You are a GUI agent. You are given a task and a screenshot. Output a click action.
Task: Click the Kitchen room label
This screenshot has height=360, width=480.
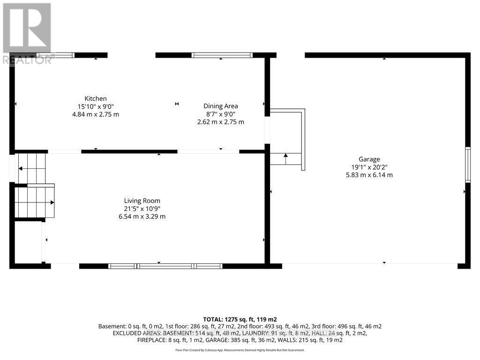[96, 98]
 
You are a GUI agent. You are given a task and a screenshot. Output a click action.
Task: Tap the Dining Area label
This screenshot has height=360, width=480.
[221, 106]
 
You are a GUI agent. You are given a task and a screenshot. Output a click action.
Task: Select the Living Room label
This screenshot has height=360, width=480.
[142, 201]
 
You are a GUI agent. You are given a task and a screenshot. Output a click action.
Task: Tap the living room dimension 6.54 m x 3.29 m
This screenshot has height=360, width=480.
[142, 217]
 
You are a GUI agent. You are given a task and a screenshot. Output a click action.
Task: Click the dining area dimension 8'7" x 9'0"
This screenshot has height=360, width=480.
[221, 114]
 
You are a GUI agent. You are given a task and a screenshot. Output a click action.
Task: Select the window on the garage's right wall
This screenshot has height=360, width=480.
[467, 165]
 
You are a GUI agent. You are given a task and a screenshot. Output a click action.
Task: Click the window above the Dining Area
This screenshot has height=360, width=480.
[222, 55]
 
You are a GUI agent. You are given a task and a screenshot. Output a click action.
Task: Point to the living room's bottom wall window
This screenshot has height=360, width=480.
[165, 266]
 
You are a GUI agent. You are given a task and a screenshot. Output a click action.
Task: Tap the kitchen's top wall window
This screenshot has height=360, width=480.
[56, 55]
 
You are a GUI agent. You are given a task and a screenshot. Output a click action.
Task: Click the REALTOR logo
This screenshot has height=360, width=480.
[27, 33]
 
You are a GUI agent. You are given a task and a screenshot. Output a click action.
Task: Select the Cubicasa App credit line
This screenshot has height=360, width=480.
[240, 350]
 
